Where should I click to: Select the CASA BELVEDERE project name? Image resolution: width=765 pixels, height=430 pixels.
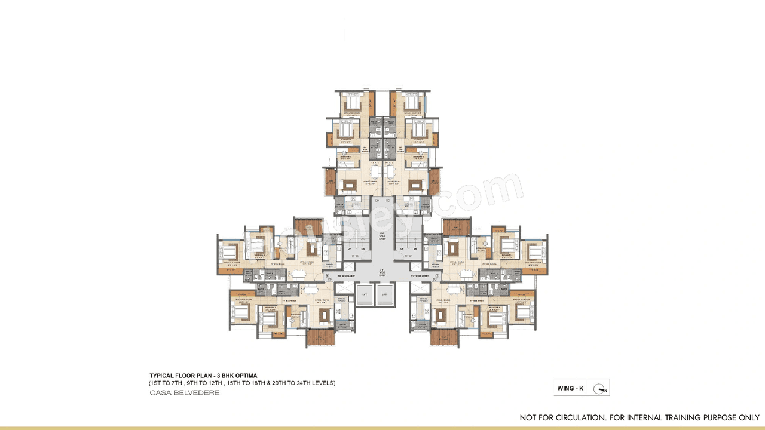point(184,393)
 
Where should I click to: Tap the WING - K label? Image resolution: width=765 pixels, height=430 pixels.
point(571,388)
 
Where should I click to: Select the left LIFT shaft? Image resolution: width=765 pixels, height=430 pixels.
point(364,294)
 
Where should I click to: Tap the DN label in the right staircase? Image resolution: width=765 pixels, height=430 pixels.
point(415,248)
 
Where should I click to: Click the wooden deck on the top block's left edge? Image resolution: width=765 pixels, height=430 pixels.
point(330,178)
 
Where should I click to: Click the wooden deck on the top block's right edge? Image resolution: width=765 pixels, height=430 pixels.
point(434,178)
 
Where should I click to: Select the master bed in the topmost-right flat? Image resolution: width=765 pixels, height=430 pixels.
point(411,102)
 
